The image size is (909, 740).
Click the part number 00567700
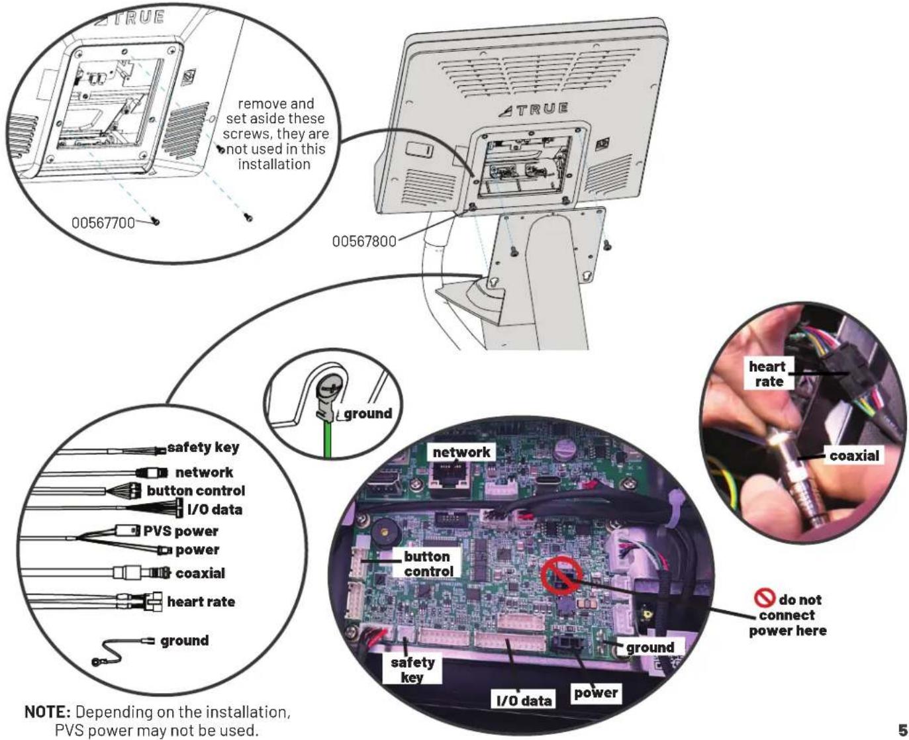point(103,222)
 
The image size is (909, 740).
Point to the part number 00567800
point(364,242)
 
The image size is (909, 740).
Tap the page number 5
point(902,730)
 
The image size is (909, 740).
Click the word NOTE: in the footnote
point(48,712)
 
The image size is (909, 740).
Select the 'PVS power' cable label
point(181,531)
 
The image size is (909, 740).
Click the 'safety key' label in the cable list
point(203,447)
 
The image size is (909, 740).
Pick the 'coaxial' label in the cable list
point(200,573)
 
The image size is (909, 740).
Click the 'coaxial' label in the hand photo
point(854,455)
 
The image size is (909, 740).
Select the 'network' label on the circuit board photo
point(461,451)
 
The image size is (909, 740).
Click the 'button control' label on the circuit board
point(428,564)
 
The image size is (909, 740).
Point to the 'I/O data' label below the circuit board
point(524,700)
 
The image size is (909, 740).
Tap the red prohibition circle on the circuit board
point(561,575)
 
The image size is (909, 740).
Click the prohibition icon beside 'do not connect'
point(764,598)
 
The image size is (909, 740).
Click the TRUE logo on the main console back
point(534,109)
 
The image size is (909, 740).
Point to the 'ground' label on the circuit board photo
point(650,647)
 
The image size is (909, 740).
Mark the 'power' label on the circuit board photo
point(596,692)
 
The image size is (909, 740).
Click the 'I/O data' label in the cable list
point(215,509)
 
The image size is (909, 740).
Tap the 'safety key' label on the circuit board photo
point(412,670)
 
